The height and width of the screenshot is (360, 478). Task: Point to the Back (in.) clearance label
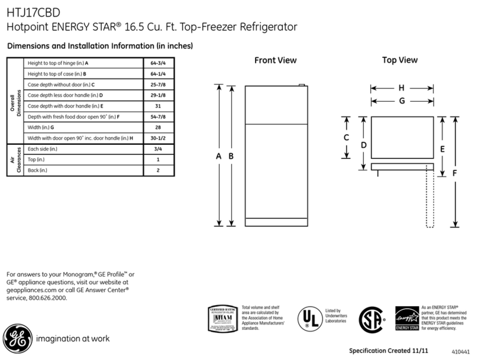click(38, 170)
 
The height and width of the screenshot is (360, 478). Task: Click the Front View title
click(276, 60)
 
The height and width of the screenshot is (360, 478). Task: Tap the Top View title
click(400, 60)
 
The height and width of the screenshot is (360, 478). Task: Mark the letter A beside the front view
click(219, 156)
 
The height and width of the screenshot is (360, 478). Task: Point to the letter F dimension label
click(454, 173)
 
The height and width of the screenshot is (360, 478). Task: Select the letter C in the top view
click(346, 137)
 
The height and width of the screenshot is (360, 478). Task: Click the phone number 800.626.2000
click(49, 298)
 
